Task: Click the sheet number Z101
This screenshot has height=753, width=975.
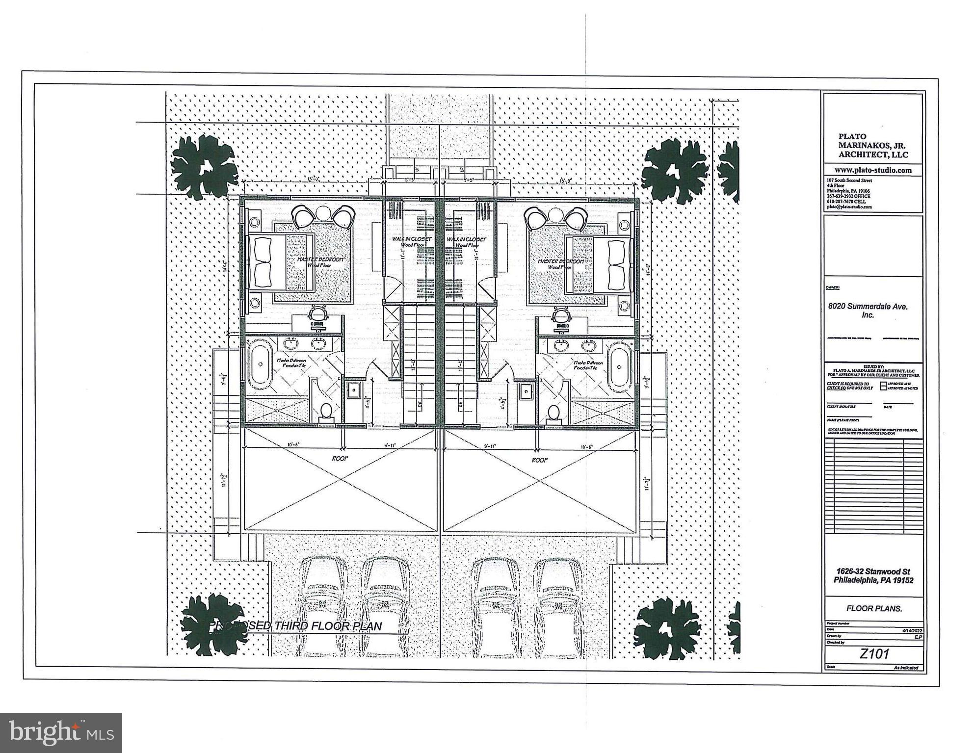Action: (x=873, y=653)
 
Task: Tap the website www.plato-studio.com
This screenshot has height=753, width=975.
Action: (x=873, y=170)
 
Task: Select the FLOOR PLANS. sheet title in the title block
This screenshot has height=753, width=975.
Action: (x=874, y=608)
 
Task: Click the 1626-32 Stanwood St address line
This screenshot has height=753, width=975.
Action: (x=873, y=571)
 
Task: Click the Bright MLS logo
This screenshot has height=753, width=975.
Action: (x=61, y=733)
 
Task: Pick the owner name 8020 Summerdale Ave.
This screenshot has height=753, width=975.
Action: (x=868, y=306)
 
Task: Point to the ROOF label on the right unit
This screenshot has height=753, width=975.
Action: (x=539, y=460)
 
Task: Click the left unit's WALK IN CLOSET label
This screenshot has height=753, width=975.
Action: (x=411, y=239)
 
